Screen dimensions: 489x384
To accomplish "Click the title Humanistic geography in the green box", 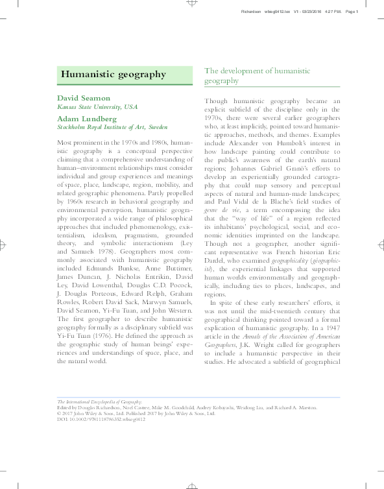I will (x=114, y=74).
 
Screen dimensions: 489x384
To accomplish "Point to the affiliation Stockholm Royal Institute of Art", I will (x=112, y=128).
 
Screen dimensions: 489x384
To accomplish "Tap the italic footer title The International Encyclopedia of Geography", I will (x=100, y=402).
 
